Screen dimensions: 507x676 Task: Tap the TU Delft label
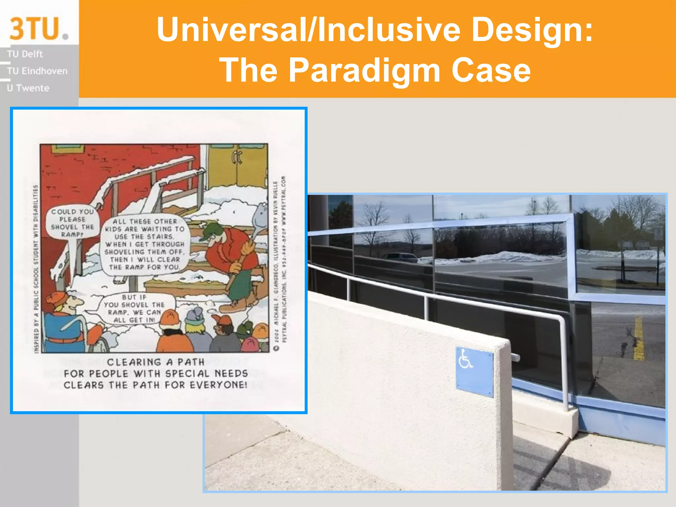(25, 54)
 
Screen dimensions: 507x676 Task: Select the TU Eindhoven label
(37, 71)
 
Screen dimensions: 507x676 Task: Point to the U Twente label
(28, 88)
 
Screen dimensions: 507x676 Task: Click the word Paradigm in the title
(364, 70)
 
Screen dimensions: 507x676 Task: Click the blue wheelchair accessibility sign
(474, 371)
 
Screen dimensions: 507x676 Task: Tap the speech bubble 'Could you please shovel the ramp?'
(72, 223)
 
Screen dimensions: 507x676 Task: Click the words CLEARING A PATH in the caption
(155, 362)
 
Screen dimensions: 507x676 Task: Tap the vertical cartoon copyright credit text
(280, 264)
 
